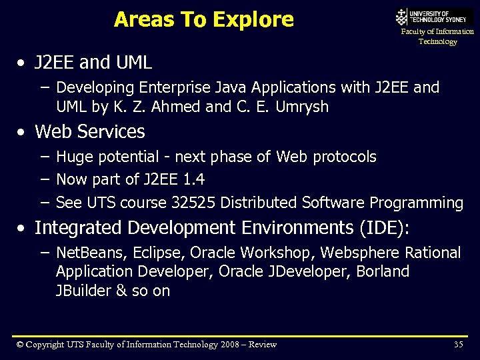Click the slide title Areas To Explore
[203, 19]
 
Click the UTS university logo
[433, 17]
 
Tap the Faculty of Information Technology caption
[437, 37]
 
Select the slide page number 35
[458, 344]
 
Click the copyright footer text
[147, 344]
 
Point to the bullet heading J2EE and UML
[93, 63]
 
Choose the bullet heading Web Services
[89, 132]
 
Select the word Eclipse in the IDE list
[156, 253]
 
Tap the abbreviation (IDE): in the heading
[385, 228]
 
